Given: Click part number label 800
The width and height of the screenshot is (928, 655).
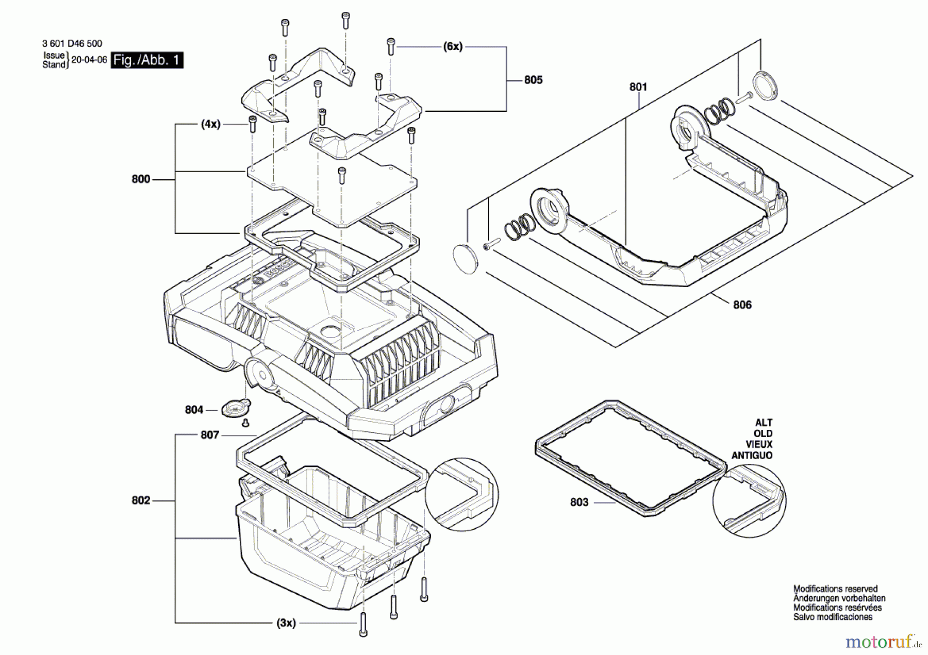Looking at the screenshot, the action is tap(141, 179).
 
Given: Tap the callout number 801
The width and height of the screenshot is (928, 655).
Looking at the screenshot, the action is tap(638, 87).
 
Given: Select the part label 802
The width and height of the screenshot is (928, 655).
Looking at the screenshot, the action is tap(141, 500).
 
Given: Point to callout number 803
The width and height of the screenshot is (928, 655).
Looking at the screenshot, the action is tap(579, 502).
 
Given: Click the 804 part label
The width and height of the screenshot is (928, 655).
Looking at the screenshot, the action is tap(194, 410).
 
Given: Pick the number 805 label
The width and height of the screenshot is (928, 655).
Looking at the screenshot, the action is tap(534, 80).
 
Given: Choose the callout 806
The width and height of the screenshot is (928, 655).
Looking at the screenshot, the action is tap(742, 305).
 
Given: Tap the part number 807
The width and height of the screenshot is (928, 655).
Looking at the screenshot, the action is tap(210, 435).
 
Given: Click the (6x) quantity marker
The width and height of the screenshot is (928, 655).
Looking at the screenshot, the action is tap(453, 46).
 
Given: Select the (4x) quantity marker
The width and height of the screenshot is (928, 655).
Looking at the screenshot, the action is tap(210, 124).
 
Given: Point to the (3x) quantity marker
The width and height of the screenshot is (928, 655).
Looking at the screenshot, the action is tap(286, 623).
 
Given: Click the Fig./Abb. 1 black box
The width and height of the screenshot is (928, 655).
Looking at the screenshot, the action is tap(147, 60).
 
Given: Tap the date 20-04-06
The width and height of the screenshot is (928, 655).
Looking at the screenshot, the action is tap(89, 60).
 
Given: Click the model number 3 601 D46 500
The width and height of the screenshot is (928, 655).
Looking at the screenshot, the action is tap(72, 44).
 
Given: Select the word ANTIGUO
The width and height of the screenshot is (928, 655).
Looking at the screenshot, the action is tap(752, 456).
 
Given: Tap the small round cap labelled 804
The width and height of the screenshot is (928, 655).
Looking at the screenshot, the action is tap(236, 409).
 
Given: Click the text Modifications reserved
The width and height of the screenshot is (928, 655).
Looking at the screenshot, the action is tap(835, 589).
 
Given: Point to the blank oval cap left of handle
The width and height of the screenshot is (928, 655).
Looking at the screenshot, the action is tap(466, 259).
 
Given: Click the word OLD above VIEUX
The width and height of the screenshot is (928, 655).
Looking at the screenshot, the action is tap(763, 433).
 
